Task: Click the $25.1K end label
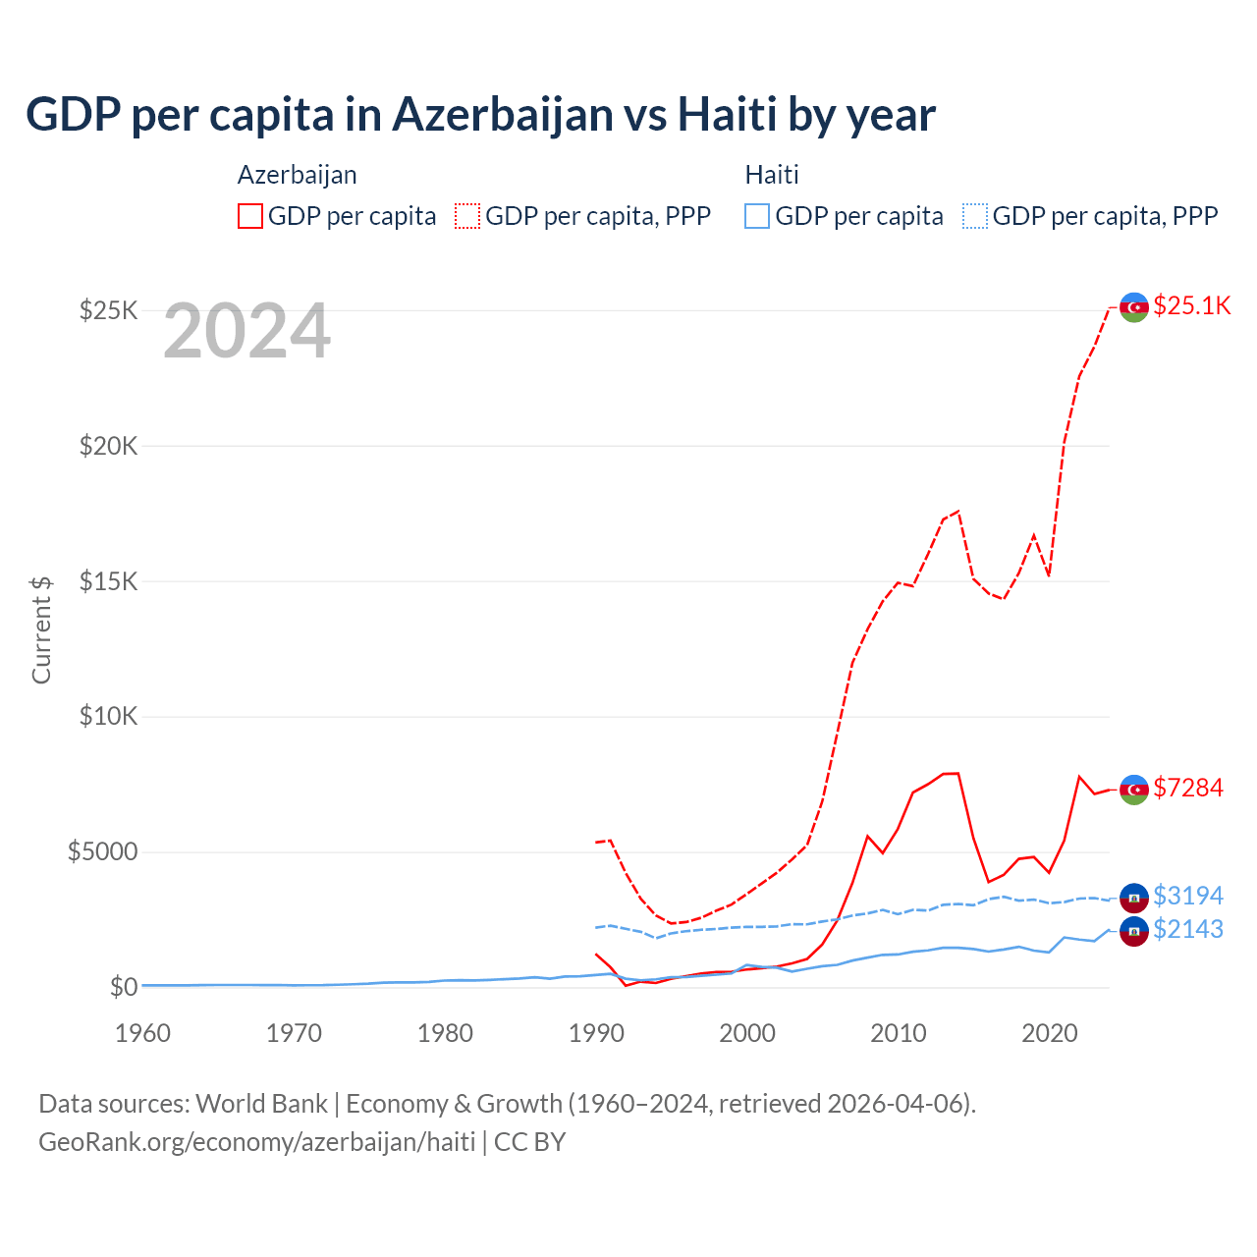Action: tap(1191, 305)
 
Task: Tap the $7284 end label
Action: tap(1187, 788)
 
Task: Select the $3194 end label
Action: tap(1187, 896)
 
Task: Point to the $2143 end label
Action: tap(1187, 929)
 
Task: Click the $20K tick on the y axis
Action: tap(109, 446)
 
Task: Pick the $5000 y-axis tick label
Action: tap(103, 851)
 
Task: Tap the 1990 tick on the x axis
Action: tap(596, 1033)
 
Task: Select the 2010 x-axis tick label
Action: tap(899, 1033)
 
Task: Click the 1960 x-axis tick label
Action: tap(143, 1033)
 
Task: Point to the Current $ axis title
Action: tap(41, 629)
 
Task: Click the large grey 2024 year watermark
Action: tap(246, 332)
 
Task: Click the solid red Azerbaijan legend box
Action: tap(250, 216)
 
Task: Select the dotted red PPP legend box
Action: tap(467, 216)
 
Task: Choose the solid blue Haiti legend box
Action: tap(757, 216)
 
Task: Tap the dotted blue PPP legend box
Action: tap(975, 216)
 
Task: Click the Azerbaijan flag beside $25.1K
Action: tap(1134, 307)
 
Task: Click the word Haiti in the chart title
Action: tap(728, 115)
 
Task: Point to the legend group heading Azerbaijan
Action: tap(298, 175)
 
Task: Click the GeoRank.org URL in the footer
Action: tap(257, 1142)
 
